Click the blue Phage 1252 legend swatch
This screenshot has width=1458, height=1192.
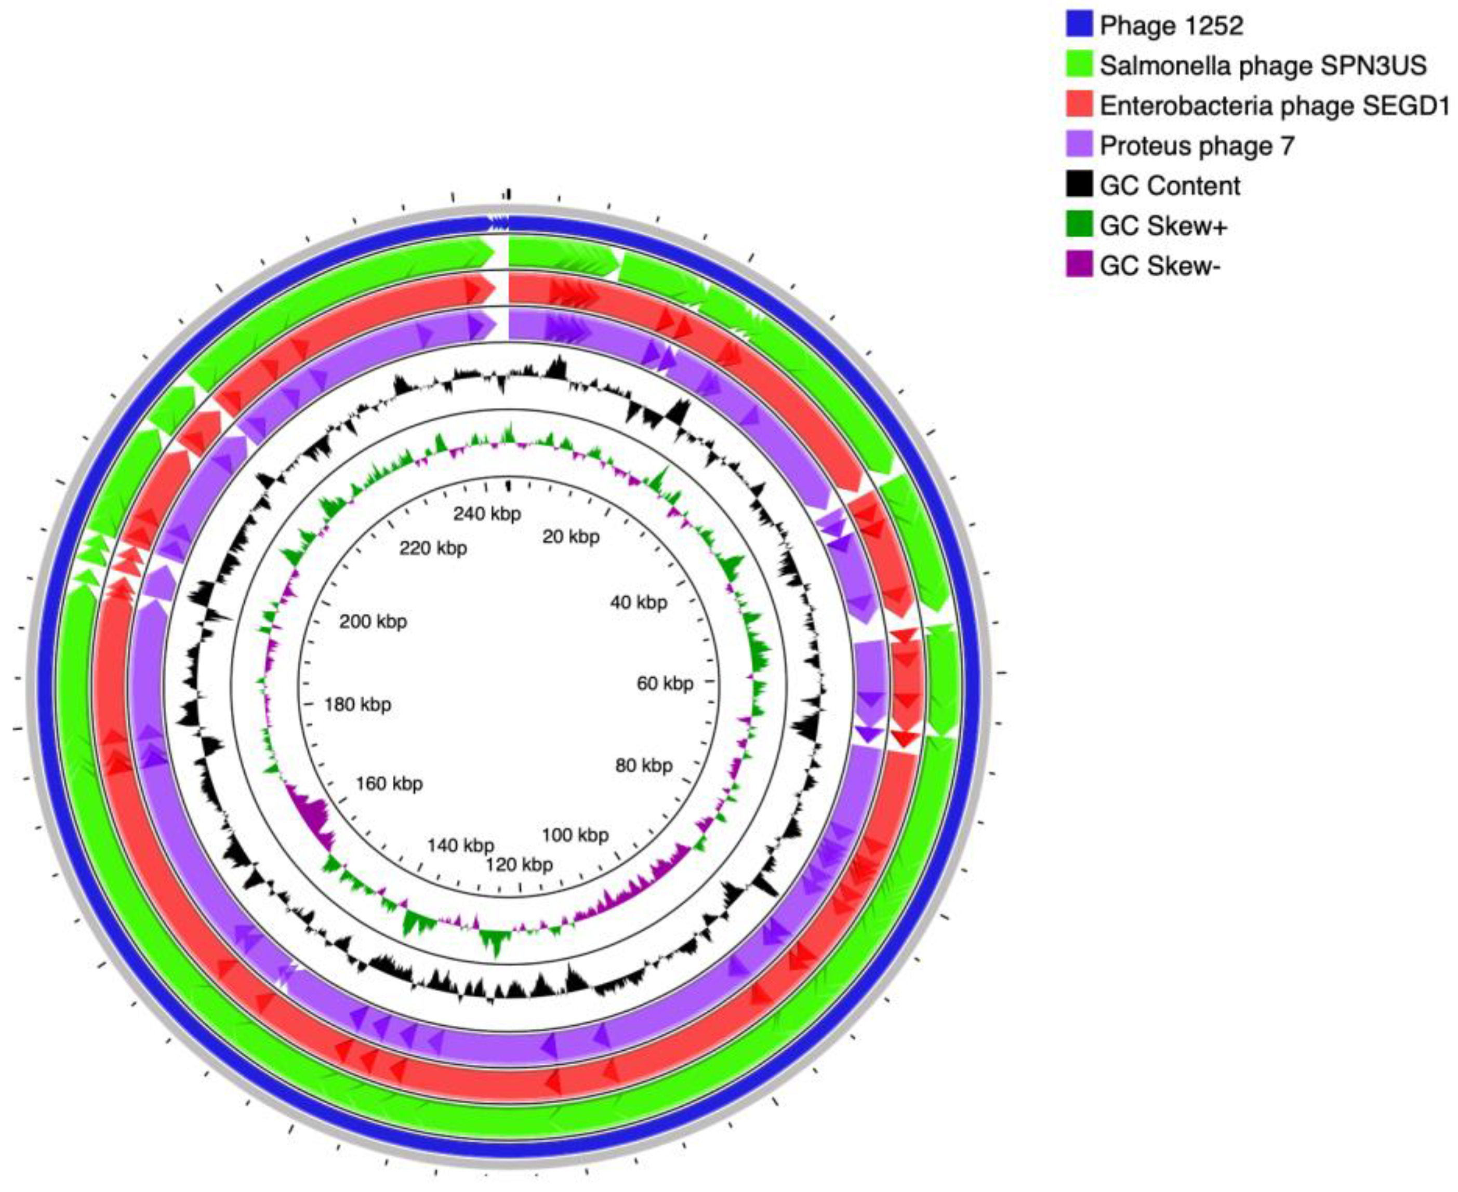[x=1079, y=25]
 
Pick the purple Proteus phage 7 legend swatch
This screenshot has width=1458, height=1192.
[x=1079, y=145]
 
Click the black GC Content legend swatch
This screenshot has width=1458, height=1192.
[x=1079, y=185]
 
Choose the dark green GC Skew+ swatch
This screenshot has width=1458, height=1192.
[x=1079, y=225]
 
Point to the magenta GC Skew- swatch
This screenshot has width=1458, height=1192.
[x=1079, y=265]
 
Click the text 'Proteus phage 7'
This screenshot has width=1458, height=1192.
[x=1197, y=145]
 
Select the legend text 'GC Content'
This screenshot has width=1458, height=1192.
[x=1170, y=186]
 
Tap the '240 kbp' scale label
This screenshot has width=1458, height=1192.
[x=487, y=513]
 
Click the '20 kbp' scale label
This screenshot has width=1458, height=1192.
[x=571, y=536]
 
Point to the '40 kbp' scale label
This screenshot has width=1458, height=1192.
[x=639, y=602]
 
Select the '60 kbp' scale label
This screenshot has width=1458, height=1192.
[x=665, y=683]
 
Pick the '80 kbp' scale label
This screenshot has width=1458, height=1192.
[x=643, y=765]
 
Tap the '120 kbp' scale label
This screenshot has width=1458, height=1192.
[x=519, y=864]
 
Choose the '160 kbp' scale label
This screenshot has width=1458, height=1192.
[x=389, y=783]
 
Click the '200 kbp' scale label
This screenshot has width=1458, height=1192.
[x=373, y=621]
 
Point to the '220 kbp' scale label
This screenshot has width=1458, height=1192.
[x=433, y=548]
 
